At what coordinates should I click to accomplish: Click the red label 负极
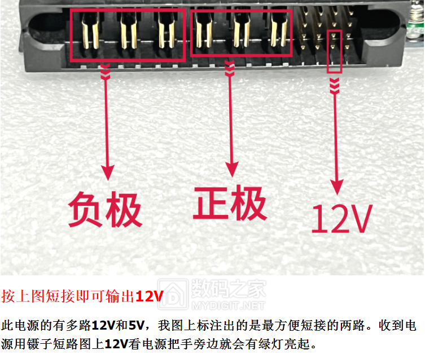point(105,209)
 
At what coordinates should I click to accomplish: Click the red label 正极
point(230,203)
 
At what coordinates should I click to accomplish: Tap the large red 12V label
point(342,219)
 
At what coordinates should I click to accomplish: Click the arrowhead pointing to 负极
point(108,172)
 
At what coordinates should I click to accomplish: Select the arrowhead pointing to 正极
point(232,169)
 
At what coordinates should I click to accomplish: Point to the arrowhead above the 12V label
point(337,187)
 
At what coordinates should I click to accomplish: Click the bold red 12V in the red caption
point(150,296)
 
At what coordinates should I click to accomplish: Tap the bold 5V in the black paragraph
point(137,325)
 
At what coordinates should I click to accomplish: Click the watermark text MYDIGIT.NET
point(228,306)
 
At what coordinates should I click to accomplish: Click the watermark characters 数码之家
point(229,289)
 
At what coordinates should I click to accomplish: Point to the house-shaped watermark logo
point(173,295)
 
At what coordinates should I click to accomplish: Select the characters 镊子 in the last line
point(40,344)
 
